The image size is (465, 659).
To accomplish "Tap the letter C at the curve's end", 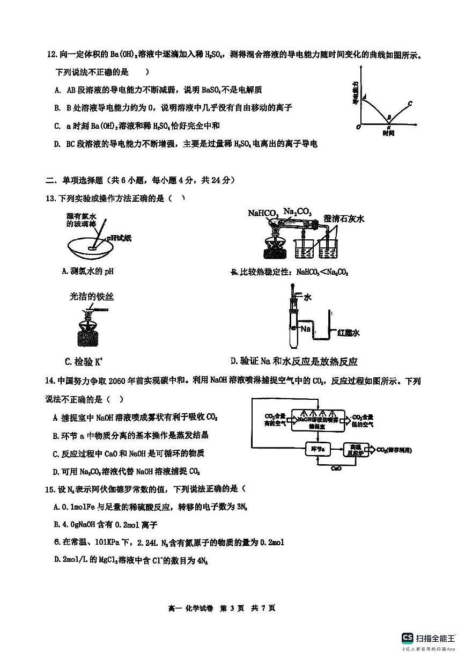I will pos(410,103).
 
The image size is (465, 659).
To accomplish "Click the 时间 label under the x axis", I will pos(388,133).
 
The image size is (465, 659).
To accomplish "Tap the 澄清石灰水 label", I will pos(344,218).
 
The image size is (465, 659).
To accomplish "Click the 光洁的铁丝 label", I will pos(92,296).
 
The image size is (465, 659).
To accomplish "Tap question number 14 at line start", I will pos(50,381).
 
